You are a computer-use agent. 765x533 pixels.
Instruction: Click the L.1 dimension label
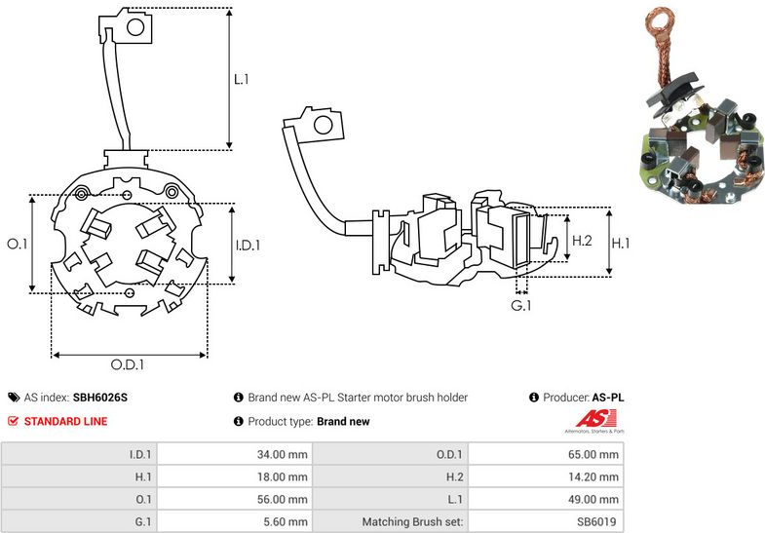(x=241, y=78)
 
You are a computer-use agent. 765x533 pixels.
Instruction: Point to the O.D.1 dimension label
(x=128, y=365)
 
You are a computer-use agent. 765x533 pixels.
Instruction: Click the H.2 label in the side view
(x=582, y=241)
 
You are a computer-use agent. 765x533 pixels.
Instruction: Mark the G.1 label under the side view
(x=522, y=305)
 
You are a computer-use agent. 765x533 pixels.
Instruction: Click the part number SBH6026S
(x=100, y=398)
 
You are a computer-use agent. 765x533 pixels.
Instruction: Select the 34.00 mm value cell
(x=234, y=454)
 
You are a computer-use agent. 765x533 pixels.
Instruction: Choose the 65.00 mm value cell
(x=545, y=454)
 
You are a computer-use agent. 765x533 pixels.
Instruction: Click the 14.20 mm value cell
(x=545, y=476)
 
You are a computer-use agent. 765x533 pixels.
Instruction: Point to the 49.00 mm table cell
(x=545, y=499)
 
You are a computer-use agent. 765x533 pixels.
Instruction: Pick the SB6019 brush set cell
(x=545, y=521)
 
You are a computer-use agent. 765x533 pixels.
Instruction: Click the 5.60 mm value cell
(x=234, y=521)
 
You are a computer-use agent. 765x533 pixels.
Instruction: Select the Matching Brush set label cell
(x=410, y=521)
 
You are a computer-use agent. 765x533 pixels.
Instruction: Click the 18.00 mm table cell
(x=234, y=476)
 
